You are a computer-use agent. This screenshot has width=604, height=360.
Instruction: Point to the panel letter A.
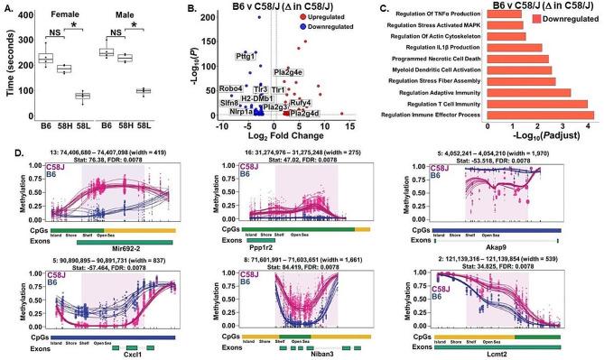[x=6, y=7]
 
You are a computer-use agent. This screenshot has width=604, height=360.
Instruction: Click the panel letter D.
[x=6, y=142]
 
